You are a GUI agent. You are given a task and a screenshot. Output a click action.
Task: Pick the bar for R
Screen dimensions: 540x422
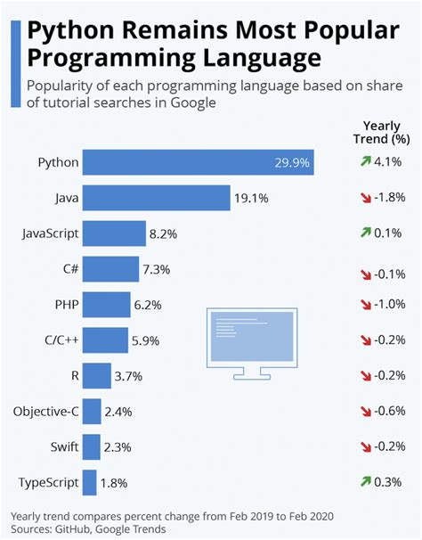(98, 376)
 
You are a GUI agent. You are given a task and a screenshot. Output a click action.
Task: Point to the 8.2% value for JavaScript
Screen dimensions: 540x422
(165, 234)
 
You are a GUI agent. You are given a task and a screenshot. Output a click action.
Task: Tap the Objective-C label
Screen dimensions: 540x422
(46, 411)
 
